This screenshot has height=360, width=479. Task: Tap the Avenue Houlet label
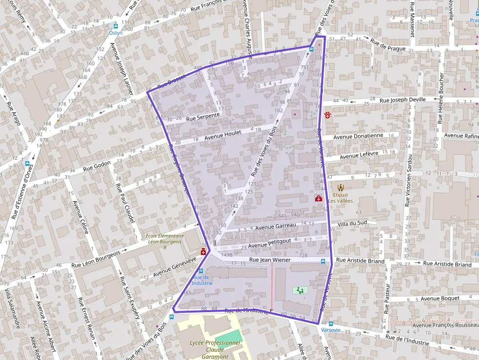coord(222,135)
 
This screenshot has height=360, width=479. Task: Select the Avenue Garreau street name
coord(276,226)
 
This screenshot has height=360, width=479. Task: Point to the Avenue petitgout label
coord(269,243)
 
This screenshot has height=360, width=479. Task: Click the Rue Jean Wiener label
coord(269,260)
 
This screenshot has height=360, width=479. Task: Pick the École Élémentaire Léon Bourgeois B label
coord(164,241)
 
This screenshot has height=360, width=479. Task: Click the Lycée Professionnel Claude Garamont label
coord(215,349)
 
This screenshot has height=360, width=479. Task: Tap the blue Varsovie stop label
coord(330,330)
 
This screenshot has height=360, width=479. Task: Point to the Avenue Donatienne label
coord(358,136)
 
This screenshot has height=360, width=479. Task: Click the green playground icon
coord(300,290)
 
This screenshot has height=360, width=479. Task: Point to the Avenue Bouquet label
coord(440,298)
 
